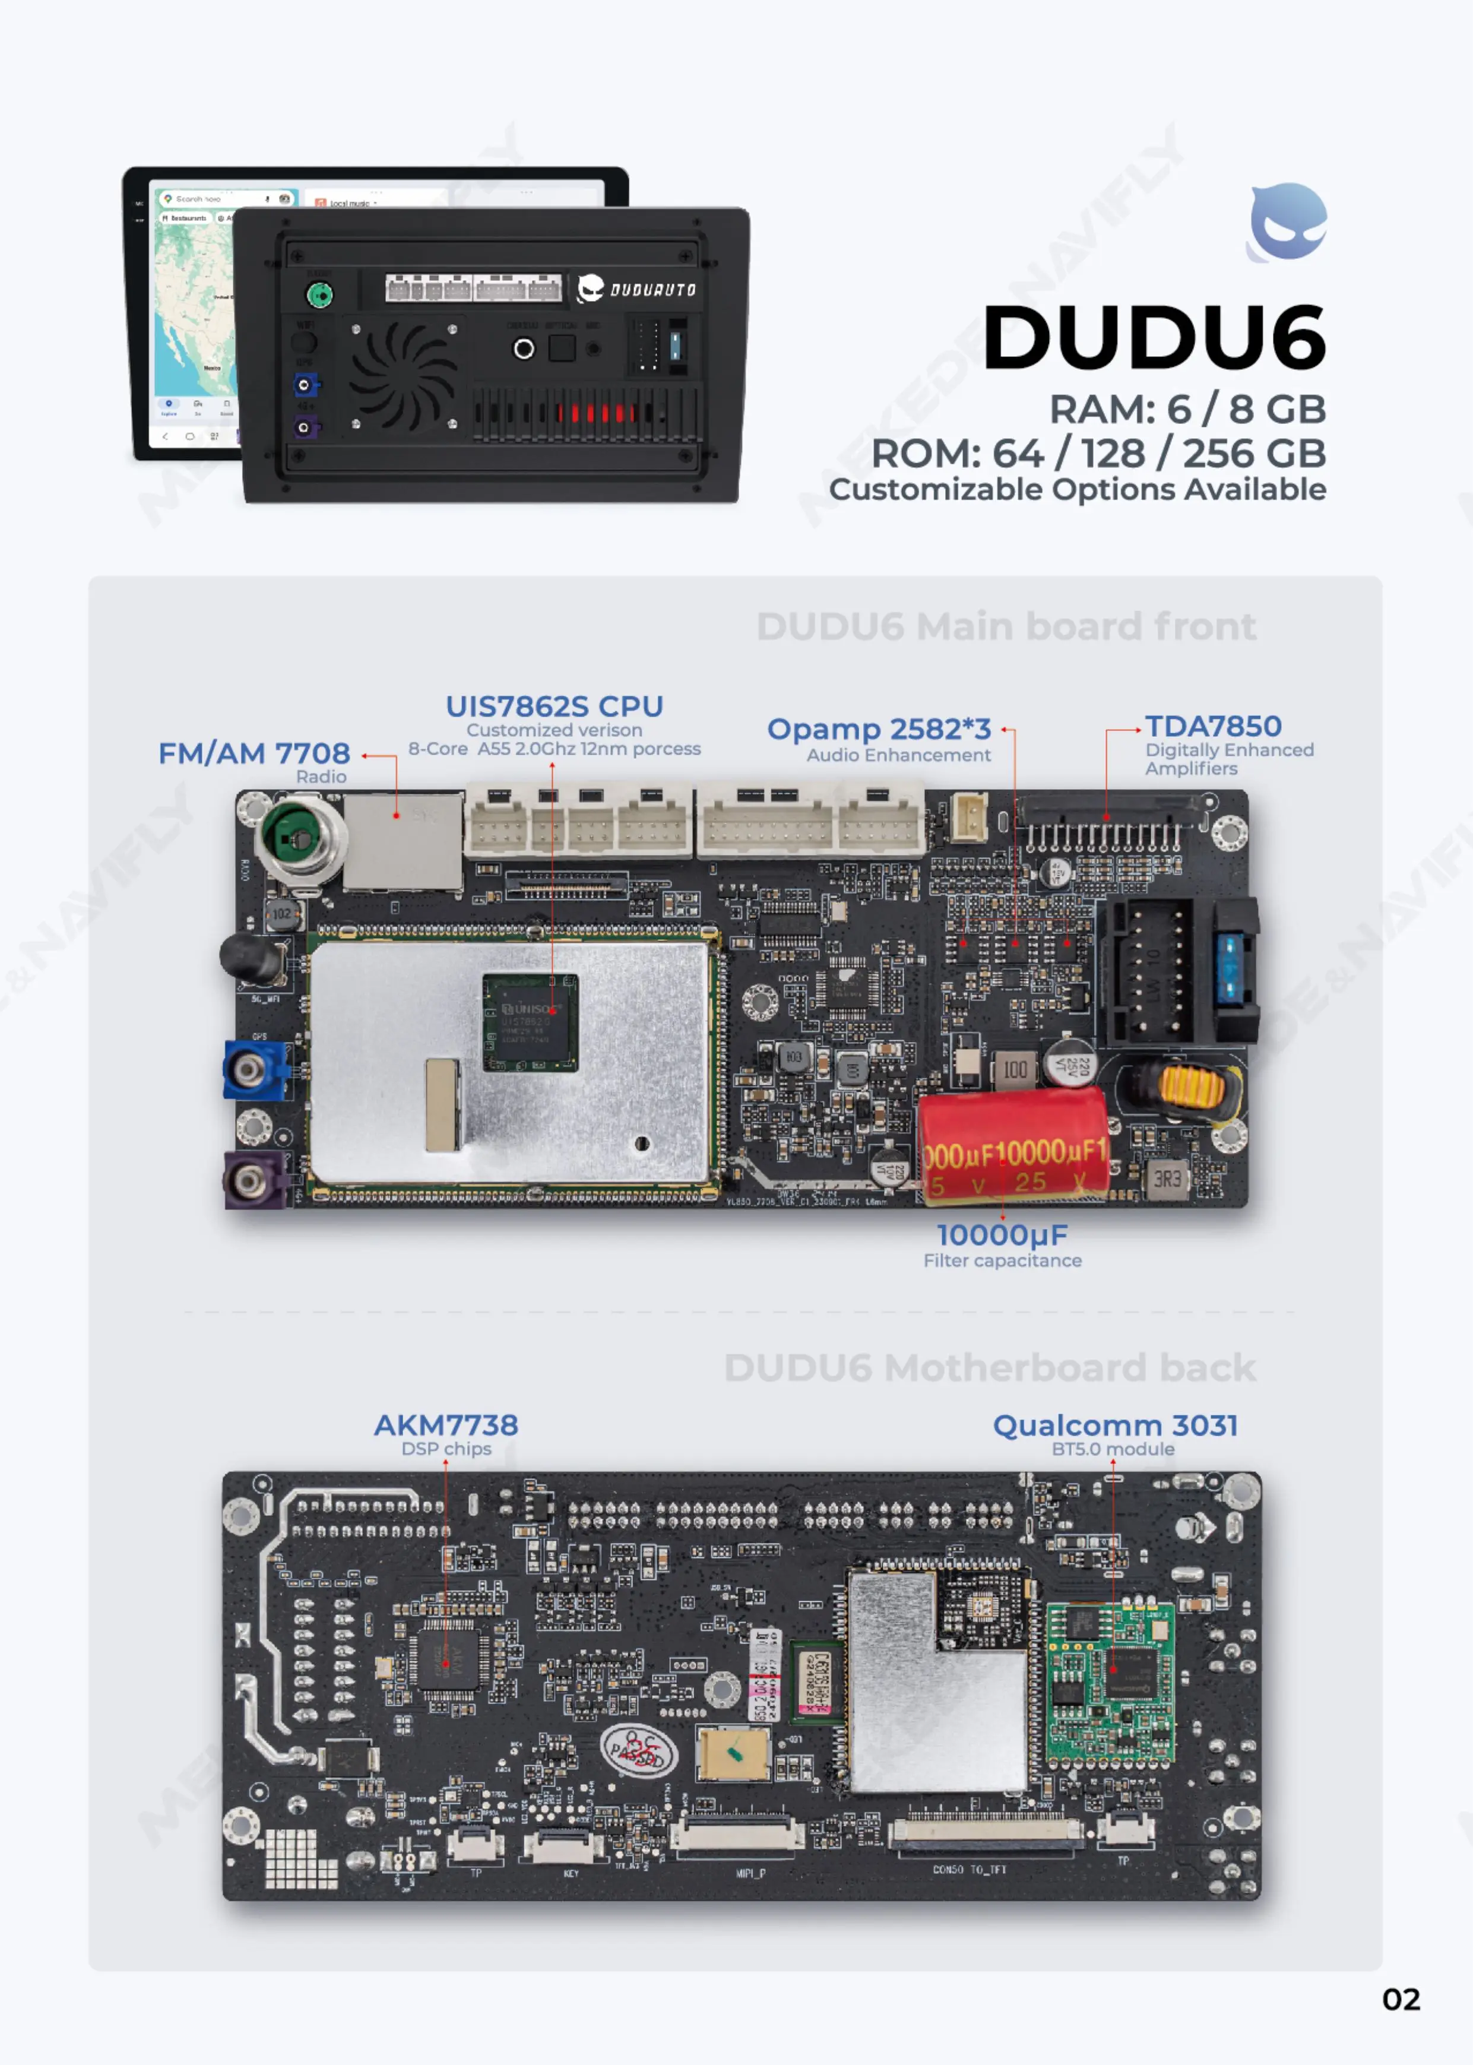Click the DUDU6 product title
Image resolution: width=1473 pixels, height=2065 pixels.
[x=1154, y=337]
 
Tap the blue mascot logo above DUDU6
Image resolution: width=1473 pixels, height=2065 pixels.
[x=1288, y=222]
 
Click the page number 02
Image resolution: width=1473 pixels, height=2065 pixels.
[x=1401, y=2000]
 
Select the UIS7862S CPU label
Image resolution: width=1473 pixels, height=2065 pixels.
[x=554, y=707]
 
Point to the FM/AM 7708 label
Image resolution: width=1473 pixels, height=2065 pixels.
[x=254, y=753]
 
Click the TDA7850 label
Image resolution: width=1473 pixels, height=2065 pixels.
[x=1213, y=726]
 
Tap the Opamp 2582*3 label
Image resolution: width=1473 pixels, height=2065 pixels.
[x=879, y=729]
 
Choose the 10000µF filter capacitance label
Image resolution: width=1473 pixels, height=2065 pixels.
[x=1002, y=1235]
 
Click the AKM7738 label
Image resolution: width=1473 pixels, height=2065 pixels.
[x=446, y=1425]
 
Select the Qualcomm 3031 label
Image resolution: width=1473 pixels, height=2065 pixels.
[x=1115, y=1426]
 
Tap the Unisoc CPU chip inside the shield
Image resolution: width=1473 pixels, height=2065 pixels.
[x=530, y=1021]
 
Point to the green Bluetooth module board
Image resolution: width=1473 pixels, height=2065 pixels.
[x=1110, y=1683]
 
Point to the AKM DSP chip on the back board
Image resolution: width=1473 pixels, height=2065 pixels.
[x=446, y=1663]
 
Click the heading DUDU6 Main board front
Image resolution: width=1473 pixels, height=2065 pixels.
[x=1006, y=626]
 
